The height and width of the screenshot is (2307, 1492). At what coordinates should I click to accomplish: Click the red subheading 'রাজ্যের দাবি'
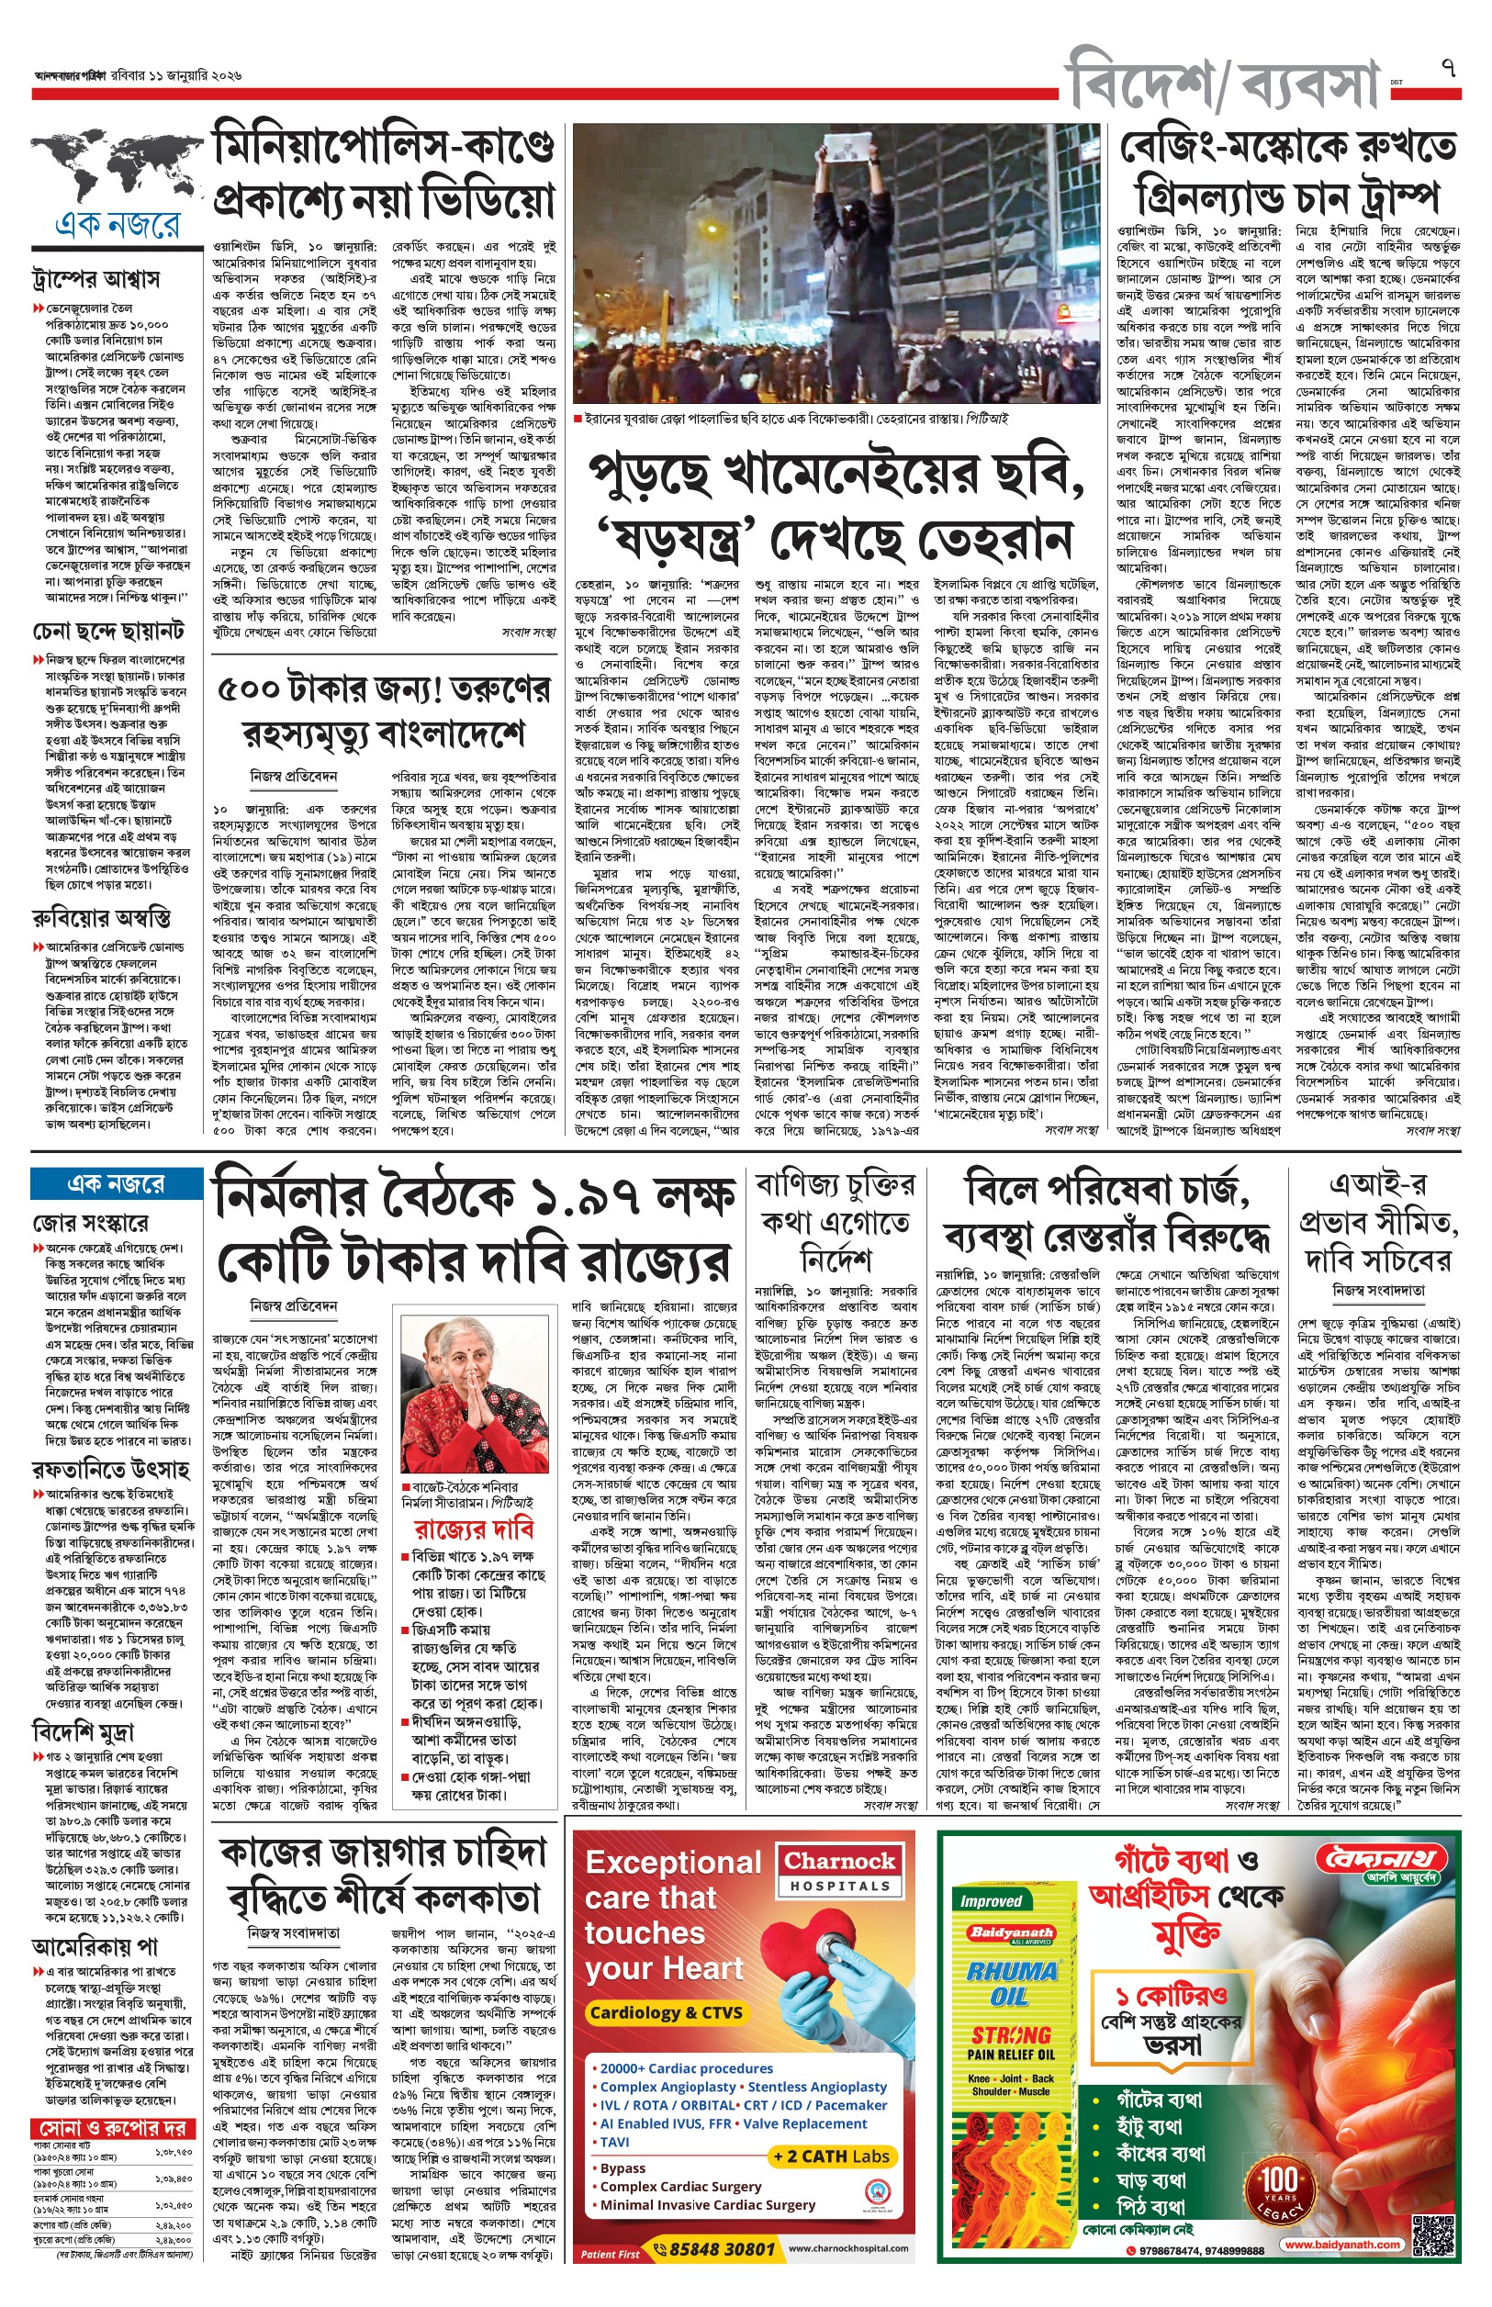point(474,1529)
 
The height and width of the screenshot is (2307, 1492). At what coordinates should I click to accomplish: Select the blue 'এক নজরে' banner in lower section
point(116,1183)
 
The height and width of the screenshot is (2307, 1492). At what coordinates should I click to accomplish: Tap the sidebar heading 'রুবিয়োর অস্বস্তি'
point(102,916)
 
